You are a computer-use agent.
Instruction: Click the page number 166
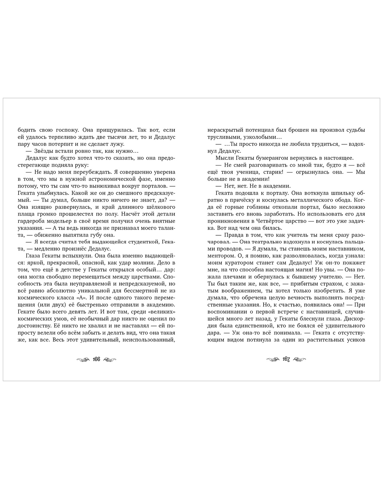click(x=96, y=360)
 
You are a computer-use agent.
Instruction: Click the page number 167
click(x=286, y=360)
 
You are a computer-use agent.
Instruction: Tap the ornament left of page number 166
click(x=83, y=360)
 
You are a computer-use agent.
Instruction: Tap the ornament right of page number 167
click(x=299, y=360)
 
